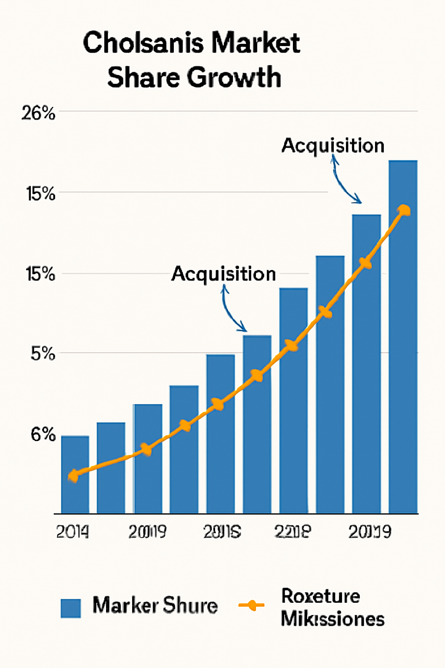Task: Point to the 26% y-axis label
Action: pyautogui.click(x=38, y=114)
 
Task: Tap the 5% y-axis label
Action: pyautogui.click(x=43, y=354)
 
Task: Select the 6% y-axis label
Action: pyautogui.click(x=43, y=434)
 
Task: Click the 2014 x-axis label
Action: pyautogui.click(x=73, y=532)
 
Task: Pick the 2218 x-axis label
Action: pyautogui.click(x=292, y=531)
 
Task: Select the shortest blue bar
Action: pyautogui.click(x=75, y=474)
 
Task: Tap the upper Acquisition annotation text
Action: pyautogui.click(x=333, y=146)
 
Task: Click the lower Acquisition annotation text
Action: pyautogui.click(x=223, y=274)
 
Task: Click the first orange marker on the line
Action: pyautogui.click(x=74, y=476)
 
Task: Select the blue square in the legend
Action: pyautogui.click(x=70, y=608)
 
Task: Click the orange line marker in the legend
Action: pyautogui.click(x=251, y=605)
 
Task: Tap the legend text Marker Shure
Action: pyautogui.click(x=155, y=605)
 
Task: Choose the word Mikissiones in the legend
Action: pyautogui.click(x=332, y=619)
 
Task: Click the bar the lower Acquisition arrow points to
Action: pyautogui.click(x=257, y=424)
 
